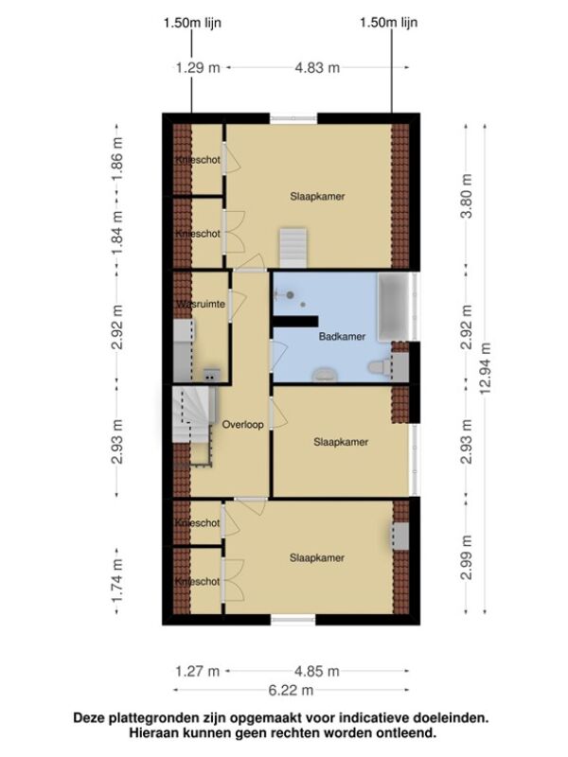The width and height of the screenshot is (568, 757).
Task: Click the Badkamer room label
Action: pyautogui.click(x=342, y=337)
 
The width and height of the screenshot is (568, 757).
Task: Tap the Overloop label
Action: pyautogui.click(x=242, y=424)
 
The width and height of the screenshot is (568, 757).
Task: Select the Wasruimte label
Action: pyautogui.click(x=201, y=304)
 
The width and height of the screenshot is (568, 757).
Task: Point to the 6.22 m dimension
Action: pyautogui.click(x=291, y=691)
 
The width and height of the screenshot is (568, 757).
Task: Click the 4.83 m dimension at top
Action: pyautogui.click(x=317, y=67)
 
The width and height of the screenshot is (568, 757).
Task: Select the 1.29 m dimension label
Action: pyautogui.click(x=198, y=67)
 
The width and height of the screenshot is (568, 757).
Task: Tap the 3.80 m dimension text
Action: pyautogui.click(x=467, y=196)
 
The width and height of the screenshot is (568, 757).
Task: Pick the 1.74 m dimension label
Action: pyautogui.click(x=117, y=581)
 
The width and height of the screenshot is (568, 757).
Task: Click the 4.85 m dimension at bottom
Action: pyautogui.click(x=317, y=671)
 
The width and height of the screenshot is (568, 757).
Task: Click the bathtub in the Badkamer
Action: pyautogui.click(x=396, y=307)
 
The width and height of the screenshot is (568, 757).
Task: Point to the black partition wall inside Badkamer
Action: pyautogui.click(x=295, y=321)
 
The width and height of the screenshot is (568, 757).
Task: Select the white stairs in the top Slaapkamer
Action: pyautogui.click(x=293, y=248)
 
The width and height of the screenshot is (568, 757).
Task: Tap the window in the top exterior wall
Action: pyautogui.click(x=293, y=119)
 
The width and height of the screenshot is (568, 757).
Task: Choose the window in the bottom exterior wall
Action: pyautogui.click(x=293, y=620)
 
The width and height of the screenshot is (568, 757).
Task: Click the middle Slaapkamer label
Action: pyautogui.click(x=341, y=442)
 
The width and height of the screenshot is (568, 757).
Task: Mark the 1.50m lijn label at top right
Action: pyautogui.click(x=389, y=23)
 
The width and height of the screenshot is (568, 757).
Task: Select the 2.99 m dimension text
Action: pyautogui.click(x=467, y=557)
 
